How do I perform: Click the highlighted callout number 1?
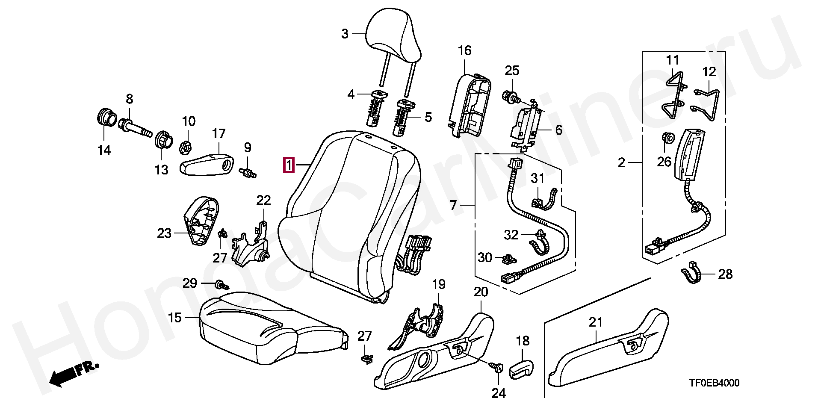(x=289, y=165)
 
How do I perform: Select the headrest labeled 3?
(x=393, y=34)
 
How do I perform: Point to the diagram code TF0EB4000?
(x=714, y=383)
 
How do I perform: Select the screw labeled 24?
(x=497, y=367)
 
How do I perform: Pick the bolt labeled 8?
(x=135, y=128)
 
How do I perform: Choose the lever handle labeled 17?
(x=207, y=165)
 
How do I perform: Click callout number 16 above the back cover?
(x=464, y=51)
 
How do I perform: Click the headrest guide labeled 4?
(x=374, y=109)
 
